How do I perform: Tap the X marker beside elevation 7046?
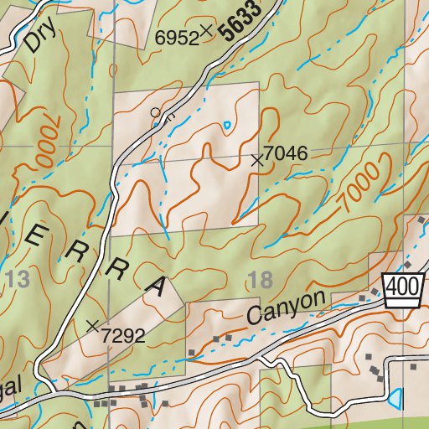click(x=257, y=160)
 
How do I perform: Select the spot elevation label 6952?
click(x=176, y=37)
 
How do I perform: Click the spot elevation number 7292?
click(x=124, y=336)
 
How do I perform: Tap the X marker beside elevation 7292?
click(x=93, y=324)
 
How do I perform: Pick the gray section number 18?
click(x=261, y=280)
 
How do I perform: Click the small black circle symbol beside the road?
click(x=155, y=111)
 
